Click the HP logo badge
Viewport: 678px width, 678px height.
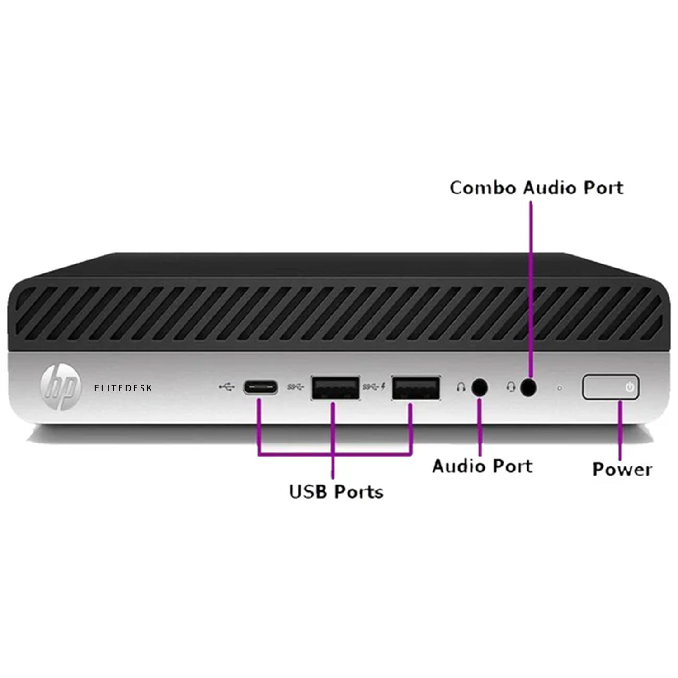61,387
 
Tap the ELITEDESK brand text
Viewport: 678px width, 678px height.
123,388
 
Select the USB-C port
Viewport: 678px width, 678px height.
261,388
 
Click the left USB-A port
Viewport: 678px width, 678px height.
335,388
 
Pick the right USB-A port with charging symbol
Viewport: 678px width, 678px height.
416,388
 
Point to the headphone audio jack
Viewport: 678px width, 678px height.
480,388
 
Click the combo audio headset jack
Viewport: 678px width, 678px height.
528,388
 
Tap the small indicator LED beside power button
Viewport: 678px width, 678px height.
560,388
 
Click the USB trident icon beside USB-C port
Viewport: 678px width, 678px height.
226,387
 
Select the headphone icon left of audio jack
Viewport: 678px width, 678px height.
461,388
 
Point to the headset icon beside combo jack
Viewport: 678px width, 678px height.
511,388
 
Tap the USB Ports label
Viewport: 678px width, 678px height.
336,492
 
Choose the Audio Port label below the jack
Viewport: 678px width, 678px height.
482,466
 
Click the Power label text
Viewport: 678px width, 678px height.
622,469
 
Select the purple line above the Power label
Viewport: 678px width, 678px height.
620,429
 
